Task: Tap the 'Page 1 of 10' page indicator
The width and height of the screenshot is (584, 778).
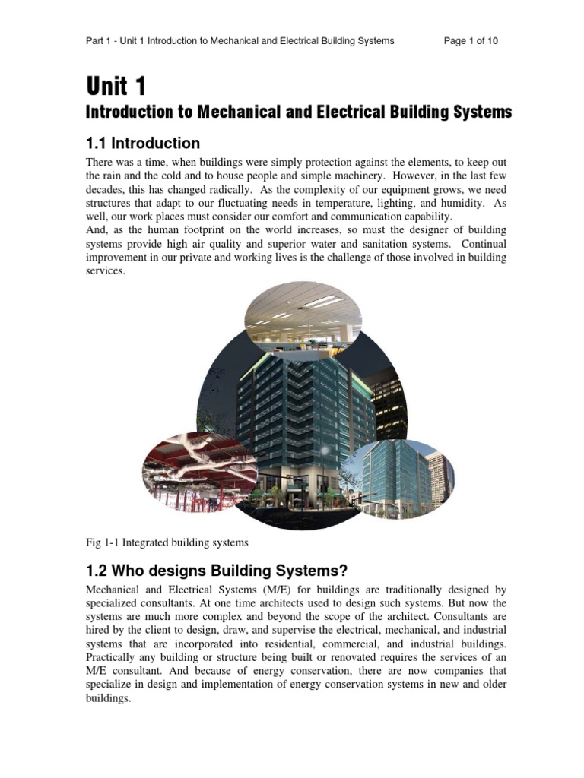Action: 471,41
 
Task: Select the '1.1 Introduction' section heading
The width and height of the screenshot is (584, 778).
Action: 143,143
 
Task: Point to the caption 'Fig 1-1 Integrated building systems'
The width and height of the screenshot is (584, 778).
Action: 167,542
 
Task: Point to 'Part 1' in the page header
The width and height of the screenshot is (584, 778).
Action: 100,41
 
